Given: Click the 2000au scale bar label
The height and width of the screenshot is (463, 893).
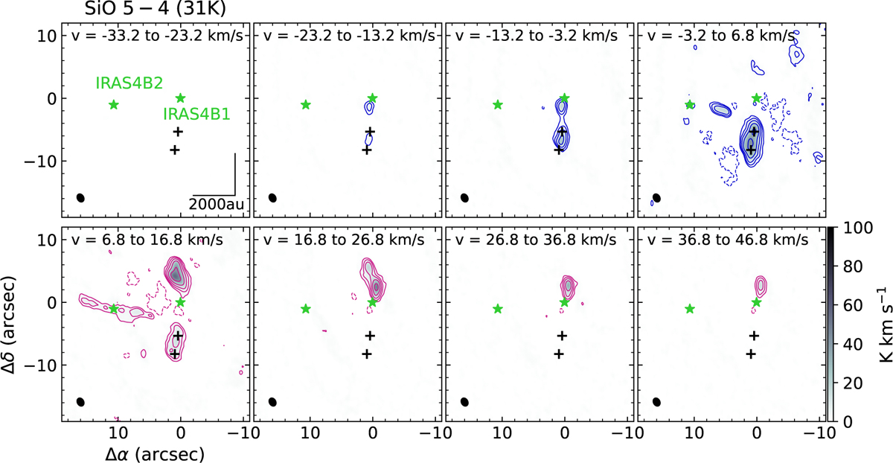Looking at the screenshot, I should (214, 203).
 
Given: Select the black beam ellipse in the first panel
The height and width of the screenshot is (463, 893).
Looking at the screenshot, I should (80, 198).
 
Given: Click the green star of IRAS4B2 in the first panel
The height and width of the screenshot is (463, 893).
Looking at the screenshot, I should (114, 104).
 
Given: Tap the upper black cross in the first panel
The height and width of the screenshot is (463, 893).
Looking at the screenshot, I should (178, 132).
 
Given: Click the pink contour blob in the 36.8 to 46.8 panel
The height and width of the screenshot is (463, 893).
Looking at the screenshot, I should (761, 285).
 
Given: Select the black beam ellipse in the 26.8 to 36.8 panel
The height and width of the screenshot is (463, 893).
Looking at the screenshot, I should (464, 402).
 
